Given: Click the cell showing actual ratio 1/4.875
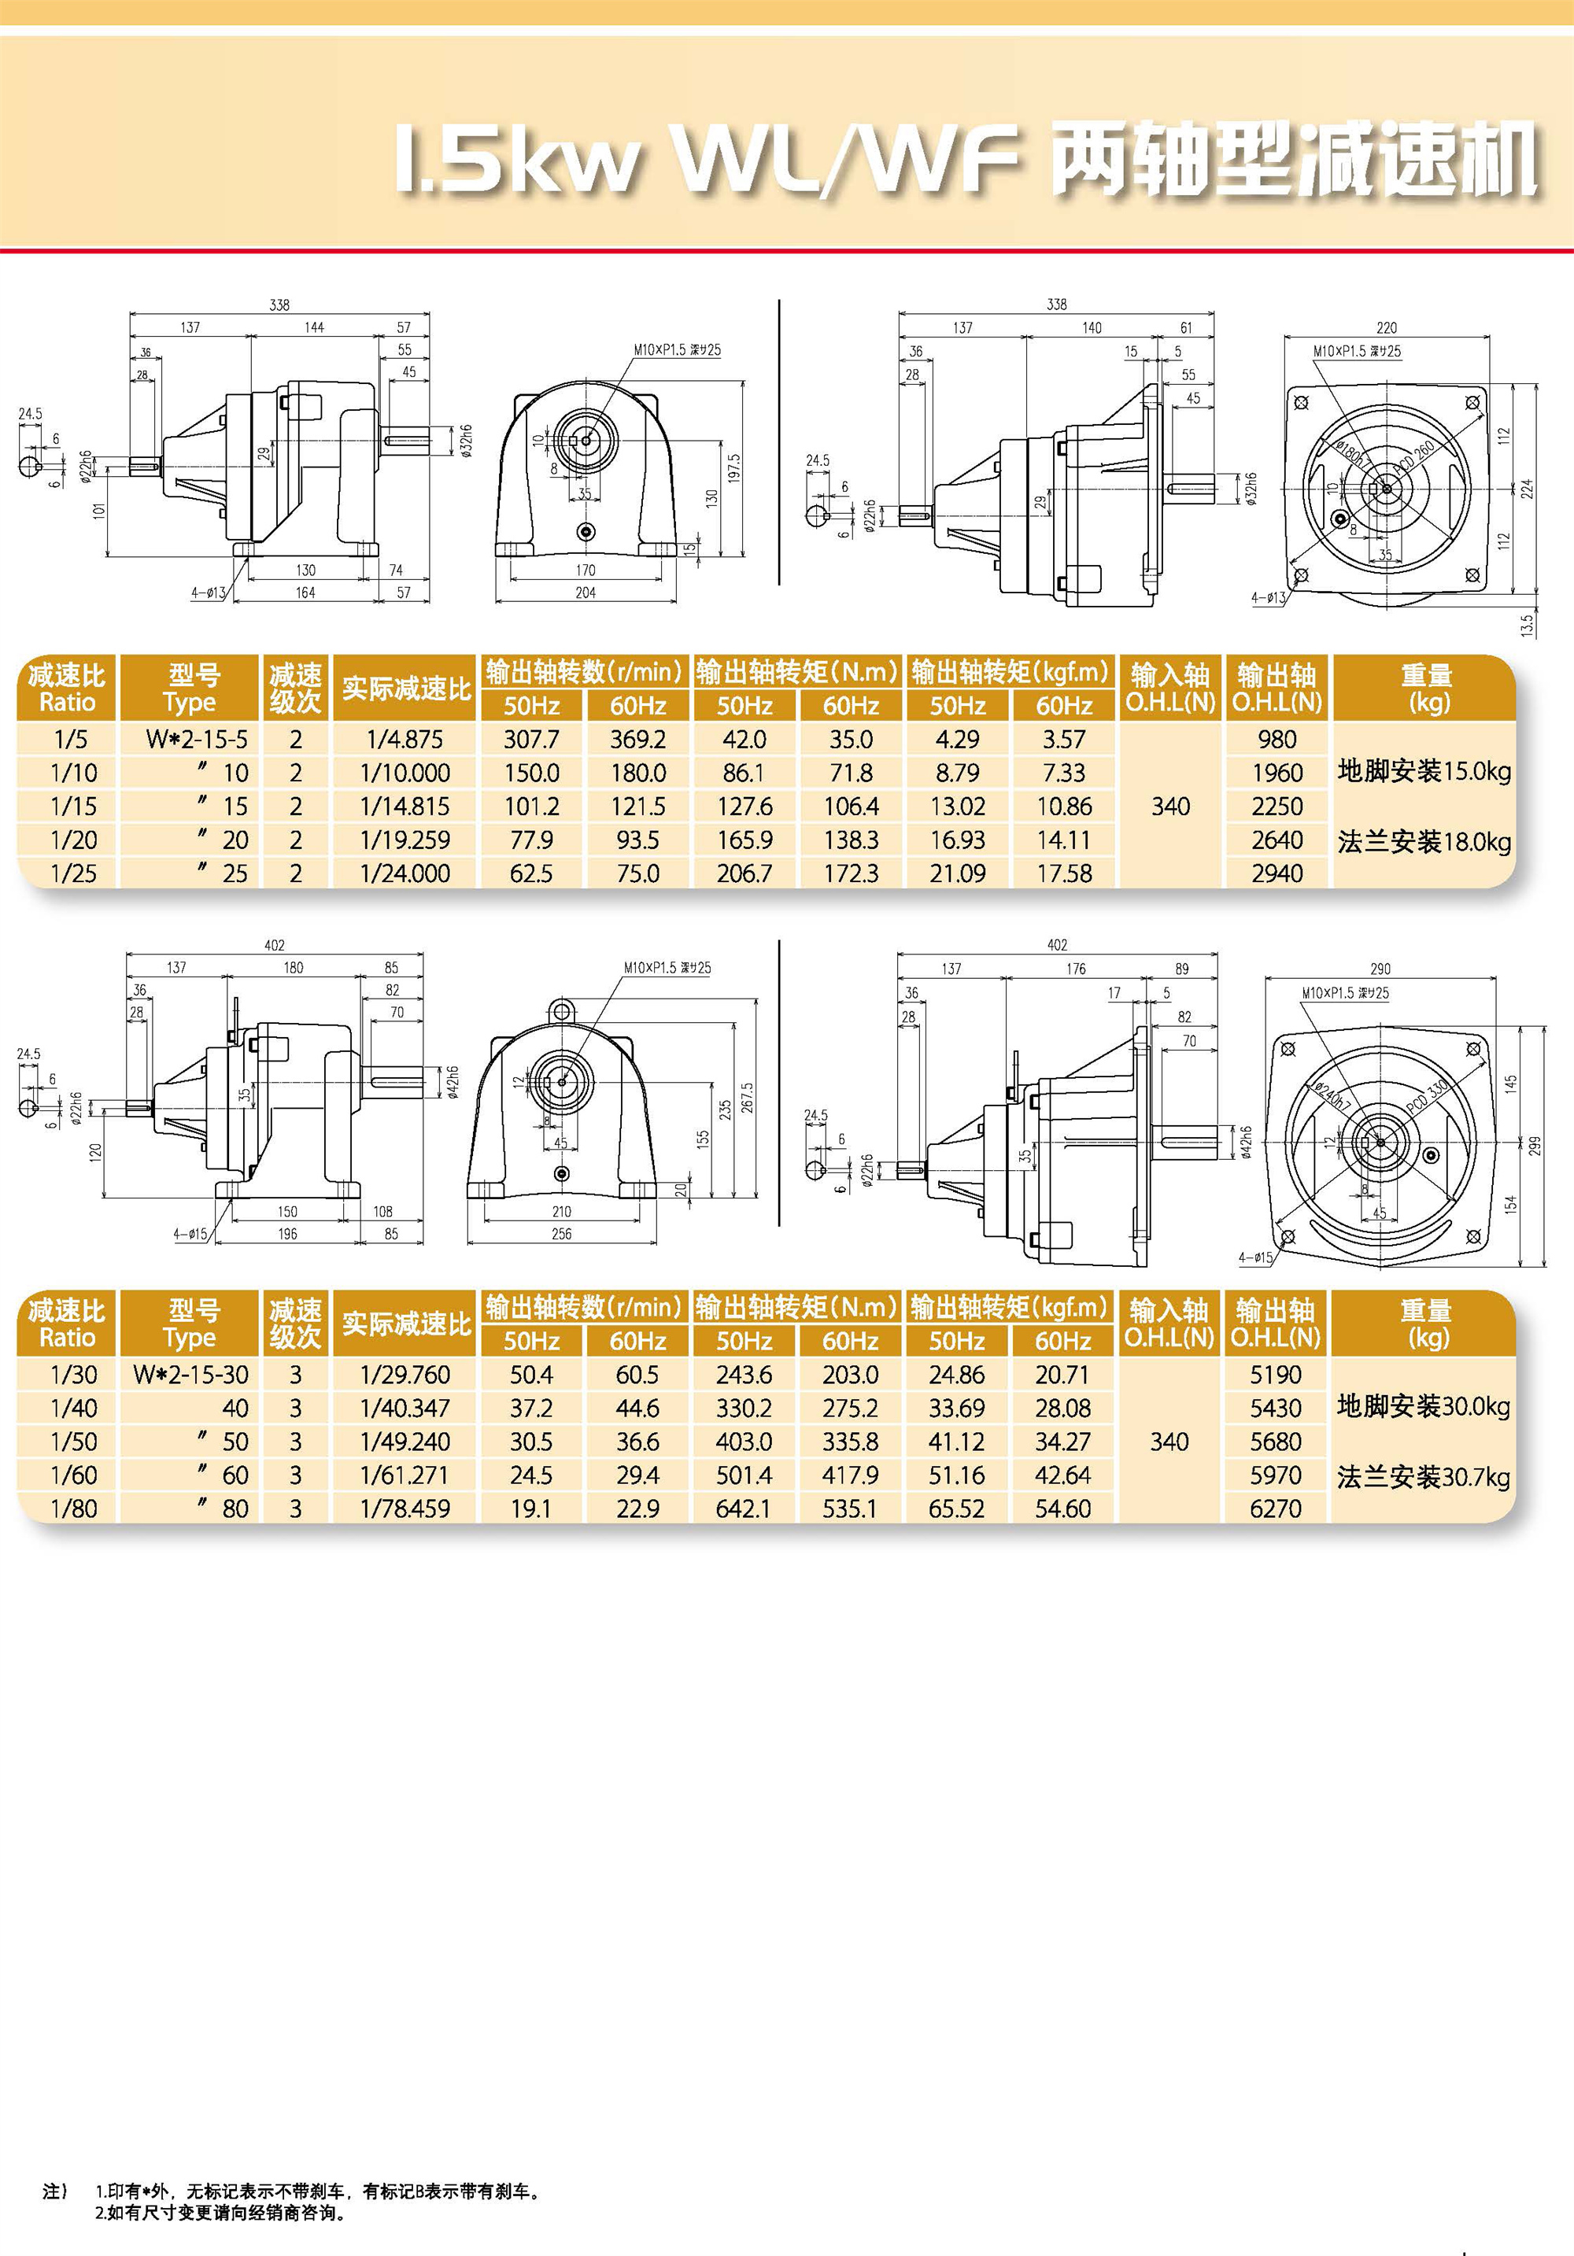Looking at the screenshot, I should (405, 739).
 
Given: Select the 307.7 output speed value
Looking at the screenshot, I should (530, 739).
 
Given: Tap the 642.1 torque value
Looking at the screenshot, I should (743, 1508).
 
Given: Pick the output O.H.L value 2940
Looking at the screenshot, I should (1277, 873).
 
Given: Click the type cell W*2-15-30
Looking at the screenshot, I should (190, 1375).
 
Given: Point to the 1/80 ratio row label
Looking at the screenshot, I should (74, 1508).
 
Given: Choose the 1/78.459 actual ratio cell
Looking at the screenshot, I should (405, 1508).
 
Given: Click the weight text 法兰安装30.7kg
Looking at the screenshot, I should (1423, 1477).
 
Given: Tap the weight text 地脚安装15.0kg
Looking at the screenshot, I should (1424, 771).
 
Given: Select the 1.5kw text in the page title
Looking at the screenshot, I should (515, 159).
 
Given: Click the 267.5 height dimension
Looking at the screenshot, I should (747, 1098).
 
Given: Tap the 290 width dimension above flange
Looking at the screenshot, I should (1380, 969).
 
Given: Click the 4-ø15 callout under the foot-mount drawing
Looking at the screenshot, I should (190, 1234).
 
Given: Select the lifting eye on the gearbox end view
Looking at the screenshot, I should (561, 1009).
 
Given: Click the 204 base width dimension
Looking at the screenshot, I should (586, 593).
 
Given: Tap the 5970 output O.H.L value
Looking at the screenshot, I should (1275, 1475).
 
